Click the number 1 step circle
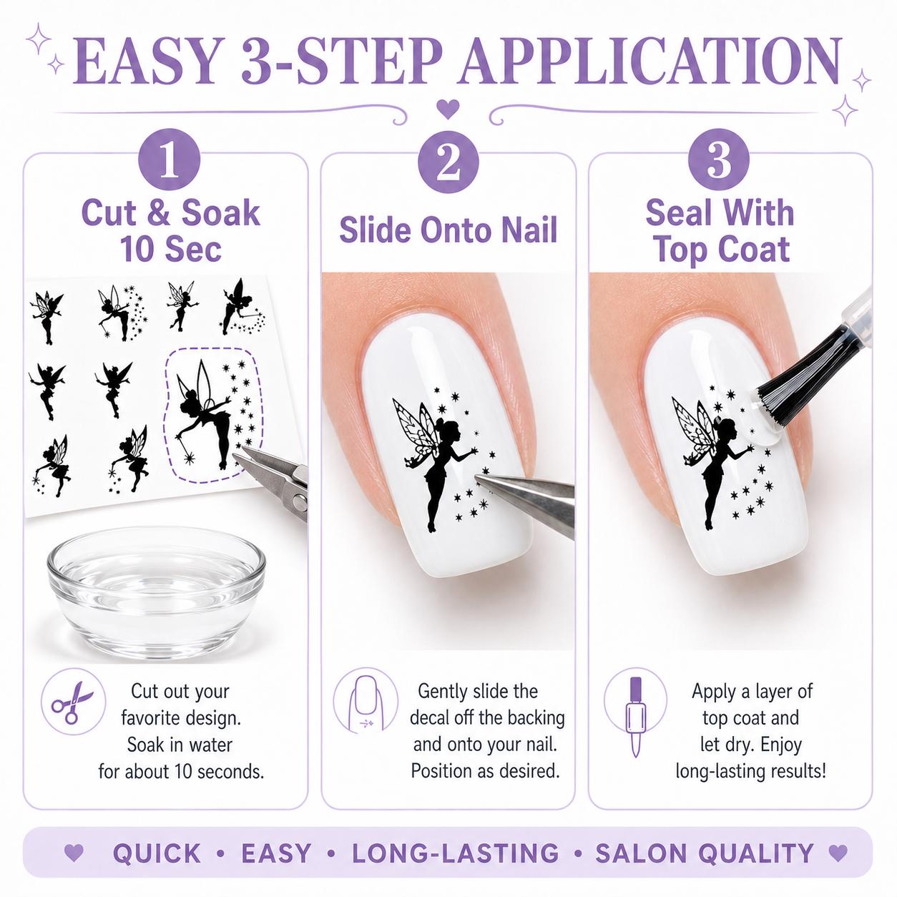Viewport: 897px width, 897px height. coord(170,160)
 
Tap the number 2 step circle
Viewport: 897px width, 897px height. coord(448,160)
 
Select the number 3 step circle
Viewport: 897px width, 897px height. coord(718,160)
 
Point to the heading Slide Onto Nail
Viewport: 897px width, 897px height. coord(448,230)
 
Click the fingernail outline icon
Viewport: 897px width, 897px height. coord(366,702)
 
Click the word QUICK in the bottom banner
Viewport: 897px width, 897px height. coord(157,853)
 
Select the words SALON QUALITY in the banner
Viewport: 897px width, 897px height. coord(705,853)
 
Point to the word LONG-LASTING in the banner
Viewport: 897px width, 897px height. coord(455,853)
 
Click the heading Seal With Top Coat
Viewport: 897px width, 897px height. coord(720,230)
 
